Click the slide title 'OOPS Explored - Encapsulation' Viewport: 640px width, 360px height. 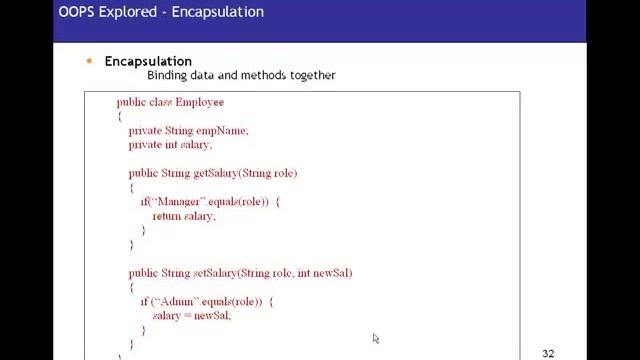(x=161, y=12)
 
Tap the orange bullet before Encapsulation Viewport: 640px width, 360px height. (x=89, y=61)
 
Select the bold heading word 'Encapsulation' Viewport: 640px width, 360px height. (x=148, y=61)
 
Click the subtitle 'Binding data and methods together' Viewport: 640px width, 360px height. (x=241, y=75)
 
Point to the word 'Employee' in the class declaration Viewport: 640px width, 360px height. (x=200, y=102)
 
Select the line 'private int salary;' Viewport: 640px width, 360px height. (x=170, y=145)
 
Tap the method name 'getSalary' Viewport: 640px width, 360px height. (x=215, y=173)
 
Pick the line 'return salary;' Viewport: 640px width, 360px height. (x=184, y=216)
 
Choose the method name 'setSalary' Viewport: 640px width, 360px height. (x=215, y=273)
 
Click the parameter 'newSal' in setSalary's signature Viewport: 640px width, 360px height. (x=333, y=273)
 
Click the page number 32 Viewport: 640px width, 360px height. (x=548, y=353)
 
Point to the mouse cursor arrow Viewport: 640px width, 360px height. (x=375, y=338)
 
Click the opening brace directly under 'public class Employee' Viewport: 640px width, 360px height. (x=119, y=117)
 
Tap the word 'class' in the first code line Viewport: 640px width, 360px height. (x=160, y=102)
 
